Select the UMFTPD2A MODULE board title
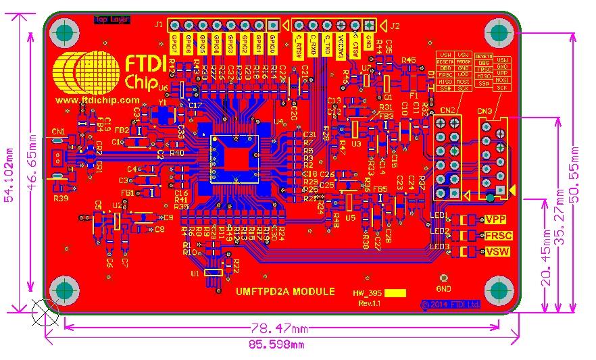coord(285,292)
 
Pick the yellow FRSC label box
coord(499,236)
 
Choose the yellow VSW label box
coord(497,252)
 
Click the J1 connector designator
coord(159,24)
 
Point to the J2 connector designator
coord(395,26)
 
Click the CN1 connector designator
coord(58,131)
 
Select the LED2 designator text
coord(440,232)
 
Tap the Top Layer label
coord(111,20)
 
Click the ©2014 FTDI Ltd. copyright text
coord(450,305)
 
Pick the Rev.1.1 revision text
coord(370,305)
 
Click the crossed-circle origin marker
coord(46,313)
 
